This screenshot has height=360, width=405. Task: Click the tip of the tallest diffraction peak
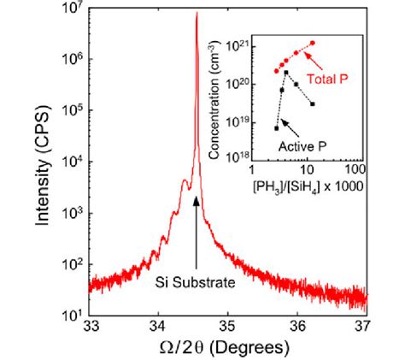pyautogui.click(x=197, y=13)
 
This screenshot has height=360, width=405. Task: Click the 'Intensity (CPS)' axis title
pyautogui.click(x=44, y=162)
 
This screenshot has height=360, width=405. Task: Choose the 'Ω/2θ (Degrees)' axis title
pyautogui.click(x=229, y=346)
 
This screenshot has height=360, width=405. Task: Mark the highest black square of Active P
pyautogui.click(x=286, y=72)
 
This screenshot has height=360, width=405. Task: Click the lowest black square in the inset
pyautogui.click(x=276, y=127)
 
